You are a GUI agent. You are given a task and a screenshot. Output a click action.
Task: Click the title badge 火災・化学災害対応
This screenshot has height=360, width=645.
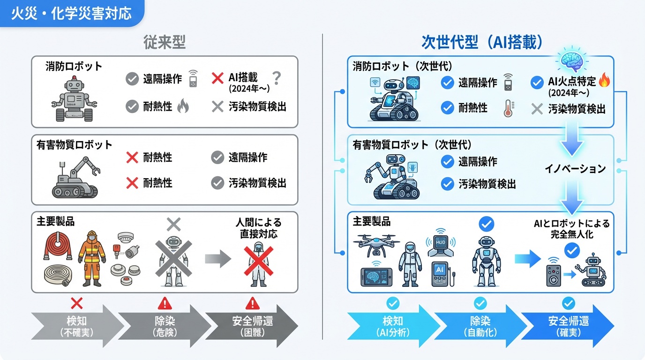[x=71, y=13]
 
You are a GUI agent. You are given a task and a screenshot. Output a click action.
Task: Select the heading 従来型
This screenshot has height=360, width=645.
[x=164, y=43]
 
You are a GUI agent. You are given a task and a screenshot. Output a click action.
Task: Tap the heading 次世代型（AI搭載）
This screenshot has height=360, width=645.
[x=482, y=43]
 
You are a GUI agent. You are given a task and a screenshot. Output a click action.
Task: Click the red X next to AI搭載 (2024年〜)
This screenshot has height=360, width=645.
[x=217, y=78]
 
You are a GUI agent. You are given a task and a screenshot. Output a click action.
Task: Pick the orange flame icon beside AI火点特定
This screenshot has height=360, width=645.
[x=605, y=81]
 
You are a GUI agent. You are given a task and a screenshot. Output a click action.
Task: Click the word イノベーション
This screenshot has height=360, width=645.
[x=575, y=168]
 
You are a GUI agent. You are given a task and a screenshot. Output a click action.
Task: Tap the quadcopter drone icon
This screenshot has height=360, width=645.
[x=376, y=246]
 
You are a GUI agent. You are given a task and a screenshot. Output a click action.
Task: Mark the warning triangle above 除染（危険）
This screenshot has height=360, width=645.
[x=165, y=304]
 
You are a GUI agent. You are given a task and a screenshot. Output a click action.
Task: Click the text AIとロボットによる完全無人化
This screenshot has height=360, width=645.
[x=572, y=229]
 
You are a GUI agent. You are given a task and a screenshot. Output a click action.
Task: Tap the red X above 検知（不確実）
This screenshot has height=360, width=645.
[x=76, y=303]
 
